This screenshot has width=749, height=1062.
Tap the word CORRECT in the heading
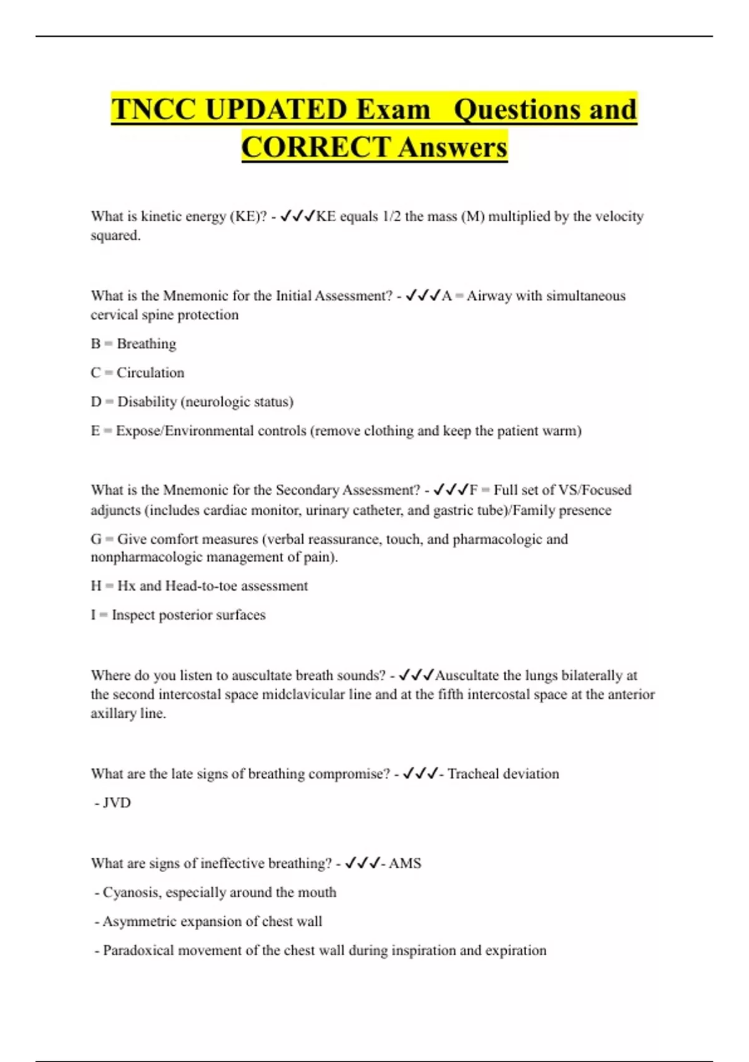(316, 147)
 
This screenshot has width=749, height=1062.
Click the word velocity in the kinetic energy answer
(617, 216)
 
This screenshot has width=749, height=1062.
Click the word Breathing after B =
(146, 344)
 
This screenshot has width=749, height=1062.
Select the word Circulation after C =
(150, 372)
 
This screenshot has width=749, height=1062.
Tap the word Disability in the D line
(147, 401)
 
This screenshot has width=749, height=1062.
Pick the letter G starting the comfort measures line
(96, 539)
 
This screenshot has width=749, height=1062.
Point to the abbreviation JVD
(117, 803)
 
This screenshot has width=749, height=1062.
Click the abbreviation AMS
(405, 863)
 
